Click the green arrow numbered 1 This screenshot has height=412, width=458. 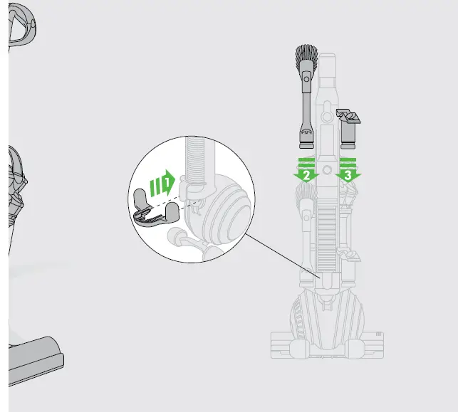coord(164,184)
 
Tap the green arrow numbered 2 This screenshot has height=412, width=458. coord(306,171)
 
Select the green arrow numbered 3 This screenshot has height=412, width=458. coord(348,171)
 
